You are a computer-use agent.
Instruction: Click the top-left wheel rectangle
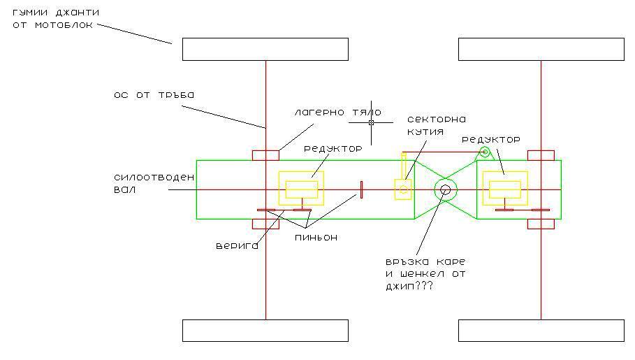pyautogui.click(x=265, y=49)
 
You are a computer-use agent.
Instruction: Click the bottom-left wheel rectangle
pyautogui.click(x=265, y=331)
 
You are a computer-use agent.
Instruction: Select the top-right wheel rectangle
pyautogui.click(x=541, y=49)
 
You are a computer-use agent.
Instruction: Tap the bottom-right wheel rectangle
pyautogui.click(x=541, y=331)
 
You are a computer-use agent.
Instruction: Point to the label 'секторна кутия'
pyautogui.click(x=436, y=124)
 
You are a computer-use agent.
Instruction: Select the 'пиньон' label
pyautogui.click(x=315, y=238)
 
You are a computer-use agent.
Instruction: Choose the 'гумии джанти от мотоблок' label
pyautogui.click(x=55, y=17)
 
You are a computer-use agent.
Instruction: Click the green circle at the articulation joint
pyautogui.click(x=445, y=189)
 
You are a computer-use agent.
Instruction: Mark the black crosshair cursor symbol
pyautogui.click(x=371, y=122)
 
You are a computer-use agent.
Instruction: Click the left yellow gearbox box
pyautogui.click(x=301, y=189)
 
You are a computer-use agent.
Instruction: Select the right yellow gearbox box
pyautogui.click(x=505, y=189)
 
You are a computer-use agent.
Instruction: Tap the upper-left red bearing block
pyautogui.click(x=265, y=155)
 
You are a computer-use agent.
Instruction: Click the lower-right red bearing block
pyautogui.click(x=541, y=224)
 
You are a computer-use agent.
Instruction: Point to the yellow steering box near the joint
pyautogui.click(x=403, y=189)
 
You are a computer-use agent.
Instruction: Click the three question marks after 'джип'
pyautogui.click(x=423, y=286)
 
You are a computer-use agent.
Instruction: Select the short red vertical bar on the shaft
pyautogui.click(x=361, y=189)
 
